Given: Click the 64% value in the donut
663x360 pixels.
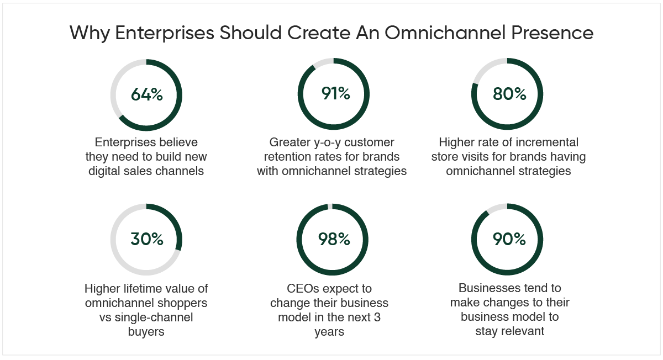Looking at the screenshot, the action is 147,94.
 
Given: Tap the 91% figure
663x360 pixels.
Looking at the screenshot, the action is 336,93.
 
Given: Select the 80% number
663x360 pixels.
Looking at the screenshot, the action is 509,94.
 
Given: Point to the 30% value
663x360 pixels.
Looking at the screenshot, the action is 147,239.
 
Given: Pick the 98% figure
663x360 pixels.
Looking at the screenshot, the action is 334,239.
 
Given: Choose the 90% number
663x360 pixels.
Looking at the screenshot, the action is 509,239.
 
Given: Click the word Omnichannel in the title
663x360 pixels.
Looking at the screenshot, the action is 445,33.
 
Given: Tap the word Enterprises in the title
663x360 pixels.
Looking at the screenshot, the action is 164,33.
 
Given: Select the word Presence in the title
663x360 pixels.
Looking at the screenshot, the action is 552,33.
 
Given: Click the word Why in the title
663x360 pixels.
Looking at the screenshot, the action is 90,33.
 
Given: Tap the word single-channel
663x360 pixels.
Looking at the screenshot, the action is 154,317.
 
